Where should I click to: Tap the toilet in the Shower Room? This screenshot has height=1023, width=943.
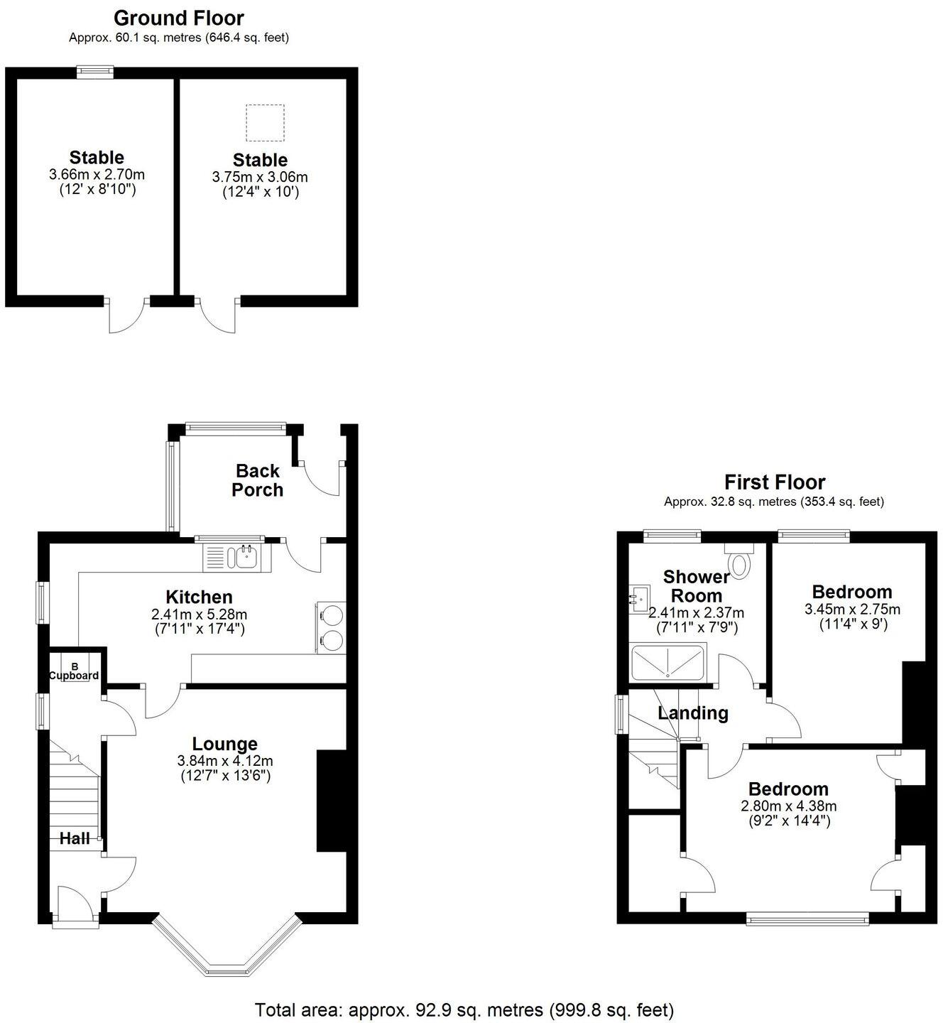(x=740, y=562)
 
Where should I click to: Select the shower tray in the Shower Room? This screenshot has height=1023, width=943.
(x=667, y=662)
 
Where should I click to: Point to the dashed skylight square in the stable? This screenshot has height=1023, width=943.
(x=265, y=123)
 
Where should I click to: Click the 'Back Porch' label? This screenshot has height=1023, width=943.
(x=258, y=480)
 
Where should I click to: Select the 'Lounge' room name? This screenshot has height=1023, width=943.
(x=224, y=744)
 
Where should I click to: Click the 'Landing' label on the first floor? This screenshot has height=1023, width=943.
(x=692, y=713)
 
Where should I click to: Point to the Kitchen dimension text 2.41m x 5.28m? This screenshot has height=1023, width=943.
(x=200, y=614)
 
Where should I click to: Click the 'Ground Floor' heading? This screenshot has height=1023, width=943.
(x=178, y=18)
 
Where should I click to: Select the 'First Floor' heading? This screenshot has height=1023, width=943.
(x=774, y=482)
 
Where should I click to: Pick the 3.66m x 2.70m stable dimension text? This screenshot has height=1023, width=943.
(x=97, y=174)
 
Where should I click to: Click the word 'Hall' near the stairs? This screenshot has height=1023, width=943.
(x=74, y=838)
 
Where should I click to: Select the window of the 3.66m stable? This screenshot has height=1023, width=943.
(x=95, y=70)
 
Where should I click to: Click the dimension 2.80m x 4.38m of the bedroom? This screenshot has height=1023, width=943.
(x=788, y=806)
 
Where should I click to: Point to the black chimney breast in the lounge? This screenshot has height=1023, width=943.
(x=331, y=800)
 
